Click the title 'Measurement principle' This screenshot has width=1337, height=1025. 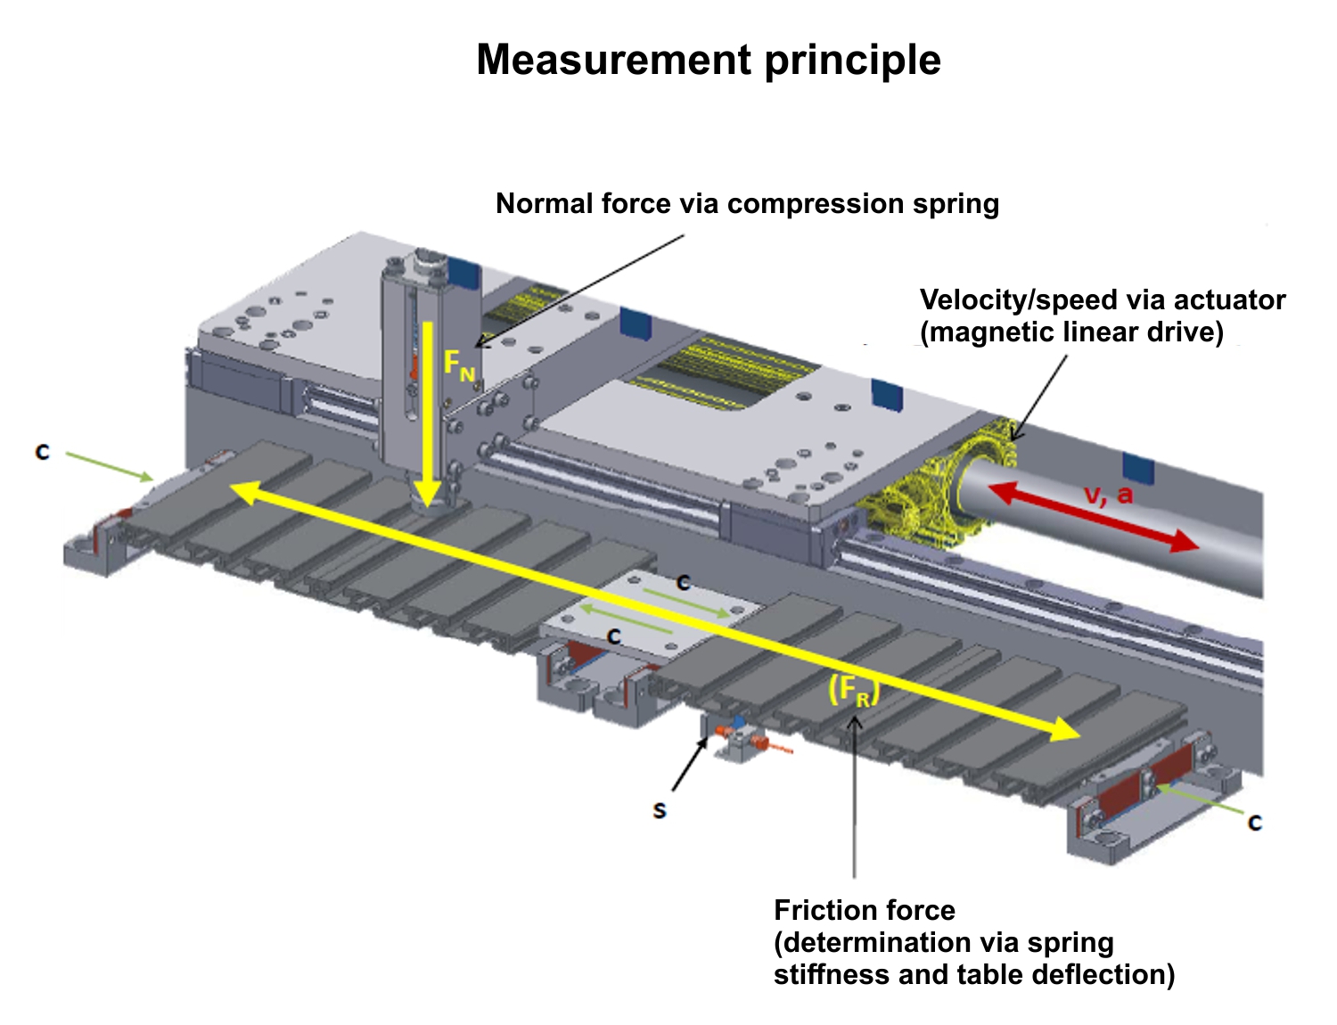pyautogui.click(x=709, y=60)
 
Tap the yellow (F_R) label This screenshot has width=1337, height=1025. pyautogui.click(x=853, y=691)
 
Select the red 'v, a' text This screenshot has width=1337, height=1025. pyautogui.click(x=1108, y=495)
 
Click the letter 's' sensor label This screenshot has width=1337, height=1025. pyautogui.click(x=659, y=810)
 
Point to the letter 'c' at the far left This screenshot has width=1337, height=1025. pyautogui.click(x=42, y=452)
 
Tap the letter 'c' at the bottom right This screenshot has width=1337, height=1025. pyautogui.click(x=1255, y=822)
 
